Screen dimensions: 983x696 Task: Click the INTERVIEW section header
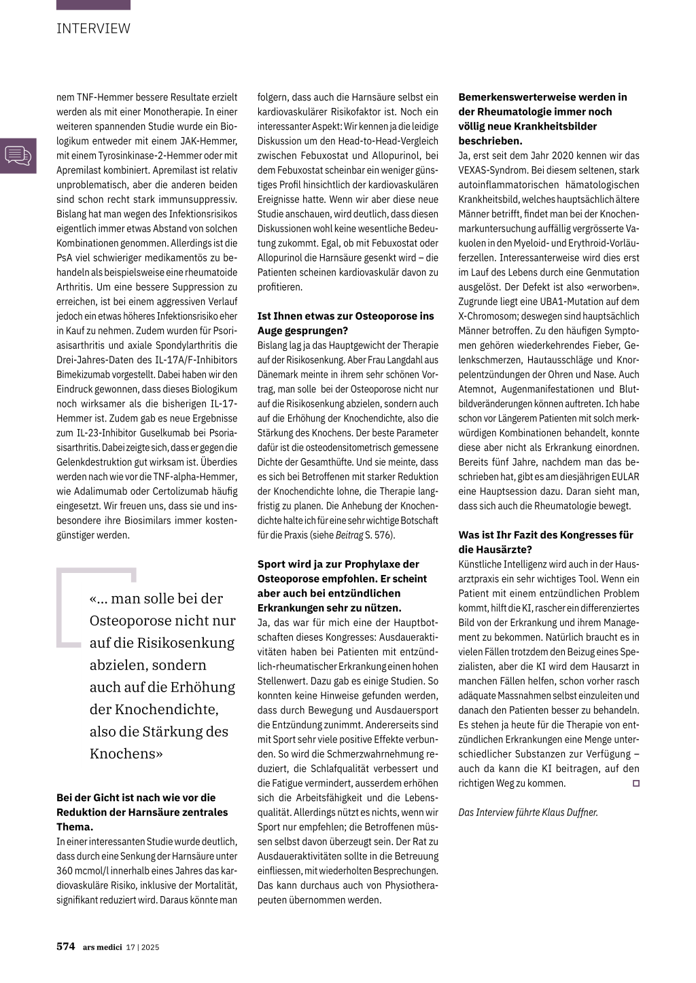93,29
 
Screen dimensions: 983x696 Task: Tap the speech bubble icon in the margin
18,155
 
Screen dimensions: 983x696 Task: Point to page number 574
65,946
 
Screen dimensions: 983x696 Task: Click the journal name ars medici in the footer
102,947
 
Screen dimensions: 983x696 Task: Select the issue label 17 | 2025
143,947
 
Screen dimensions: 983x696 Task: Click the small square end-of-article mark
636,783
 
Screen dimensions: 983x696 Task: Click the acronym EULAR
623,477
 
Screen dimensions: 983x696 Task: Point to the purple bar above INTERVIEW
93,5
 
